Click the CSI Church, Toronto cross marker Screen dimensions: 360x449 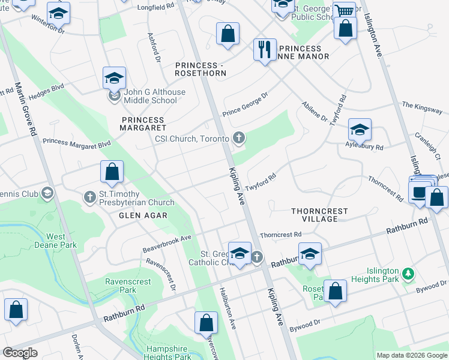coord(239,139)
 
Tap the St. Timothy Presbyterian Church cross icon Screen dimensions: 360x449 coord(90,196)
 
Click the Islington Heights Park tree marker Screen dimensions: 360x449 coord(408,274)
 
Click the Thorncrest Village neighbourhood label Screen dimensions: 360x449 coord(314,215)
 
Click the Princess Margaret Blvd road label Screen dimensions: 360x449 coord(77,143)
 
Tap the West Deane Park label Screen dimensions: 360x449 coord(56,241)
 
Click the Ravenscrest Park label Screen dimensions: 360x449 coord(121,285)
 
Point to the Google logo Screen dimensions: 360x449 coord(20,353)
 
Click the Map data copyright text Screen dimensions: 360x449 coord(412,355)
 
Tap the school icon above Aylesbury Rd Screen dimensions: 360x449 coord(359,130)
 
